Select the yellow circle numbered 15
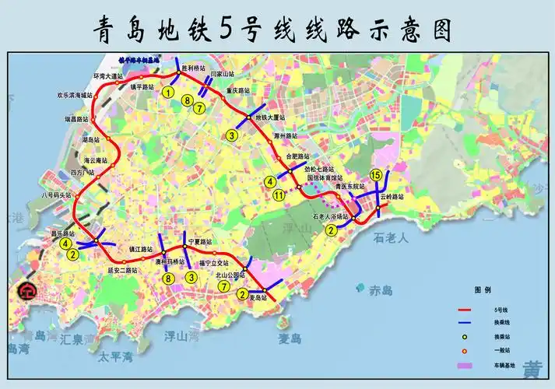click(376, 174)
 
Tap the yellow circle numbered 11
click(279, 194)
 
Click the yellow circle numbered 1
click(168, 93)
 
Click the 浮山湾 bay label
click(181, 336)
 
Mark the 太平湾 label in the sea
click(115, 357)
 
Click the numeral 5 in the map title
click(227, 29)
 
